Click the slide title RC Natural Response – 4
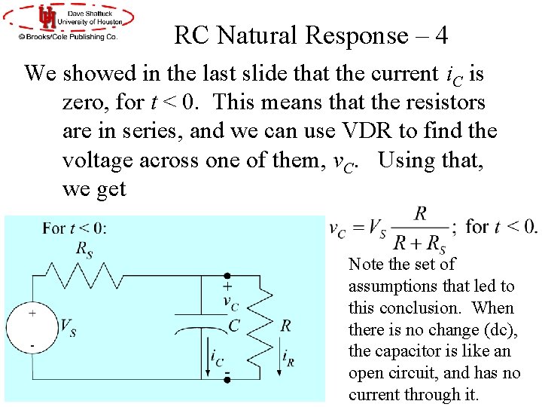311,35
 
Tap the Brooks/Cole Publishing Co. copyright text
69,36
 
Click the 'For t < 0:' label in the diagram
75,228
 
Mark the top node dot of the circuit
226,276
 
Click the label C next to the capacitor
234,326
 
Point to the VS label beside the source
68,327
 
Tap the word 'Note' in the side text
366,265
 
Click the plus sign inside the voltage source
32,313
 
